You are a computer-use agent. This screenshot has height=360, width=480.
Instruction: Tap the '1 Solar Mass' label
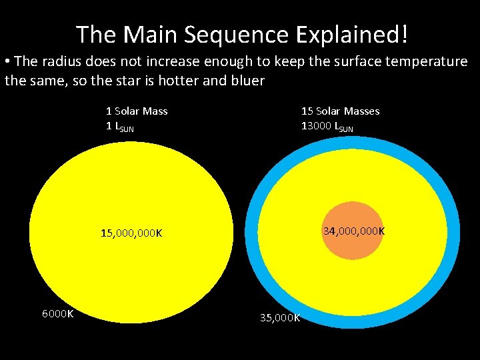(137, 111)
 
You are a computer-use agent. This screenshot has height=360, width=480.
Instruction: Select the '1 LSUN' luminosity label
(120, 126)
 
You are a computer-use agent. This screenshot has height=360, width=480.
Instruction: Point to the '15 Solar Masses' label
(340, 111)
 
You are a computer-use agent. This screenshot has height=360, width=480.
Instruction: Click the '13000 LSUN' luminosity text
(327, 126)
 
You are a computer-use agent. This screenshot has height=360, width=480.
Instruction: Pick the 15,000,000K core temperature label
(131, 233)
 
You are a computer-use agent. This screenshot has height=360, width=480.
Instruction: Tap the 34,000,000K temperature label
(353, 231)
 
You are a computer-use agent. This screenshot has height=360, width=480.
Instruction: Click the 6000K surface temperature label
(57, 313)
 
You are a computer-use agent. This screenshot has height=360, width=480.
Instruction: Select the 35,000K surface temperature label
(280, 317)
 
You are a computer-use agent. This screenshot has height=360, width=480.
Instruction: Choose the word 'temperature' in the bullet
(428, 62)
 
